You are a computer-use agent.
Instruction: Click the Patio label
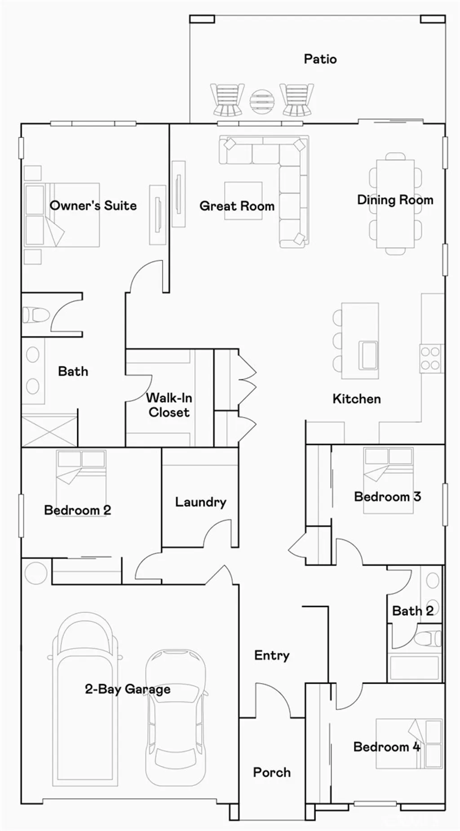tap(320, 59)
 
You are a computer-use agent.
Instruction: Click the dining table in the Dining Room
tap(395, 203)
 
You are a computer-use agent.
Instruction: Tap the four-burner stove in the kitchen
tap(430, 359)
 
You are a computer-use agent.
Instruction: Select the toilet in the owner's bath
tap(36, 315)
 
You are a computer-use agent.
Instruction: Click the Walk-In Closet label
tap(169, 405)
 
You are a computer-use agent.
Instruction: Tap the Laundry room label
tap(200, 502)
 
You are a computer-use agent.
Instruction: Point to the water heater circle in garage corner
tap(35, 573)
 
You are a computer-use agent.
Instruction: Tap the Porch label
tap(271, 772)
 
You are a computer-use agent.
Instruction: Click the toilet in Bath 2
tap(427, 638)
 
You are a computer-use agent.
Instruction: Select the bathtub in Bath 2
tap(414, 667)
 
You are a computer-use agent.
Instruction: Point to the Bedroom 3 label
tap(387, 497)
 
